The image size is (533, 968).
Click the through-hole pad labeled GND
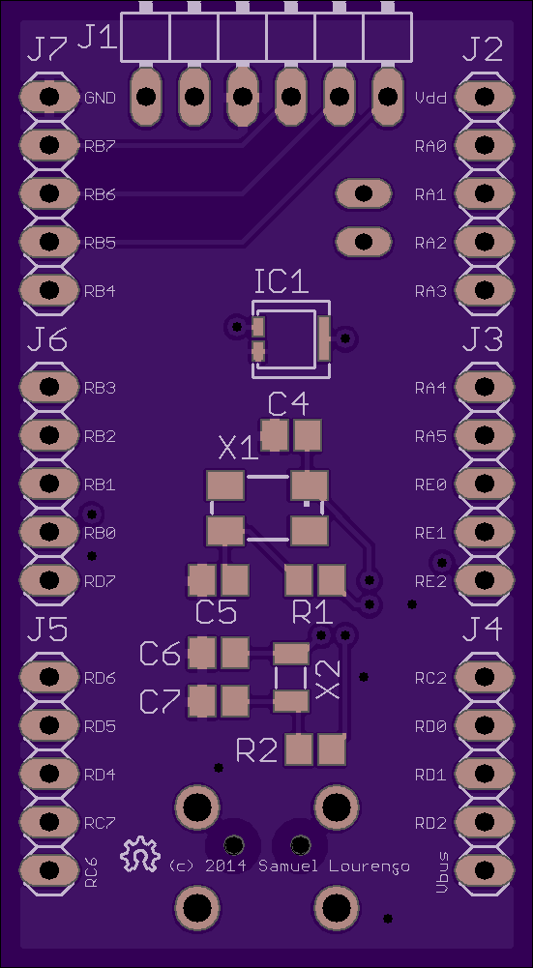pos(48,97)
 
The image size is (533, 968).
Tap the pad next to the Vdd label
pos(485,97)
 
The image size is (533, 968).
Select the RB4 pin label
pos(100,291)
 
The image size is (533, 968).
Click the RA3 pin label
pos(430,291)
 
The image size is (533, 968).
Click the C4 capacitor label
pos(288,405)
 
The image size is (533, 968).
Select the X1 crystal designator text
pos(238,449)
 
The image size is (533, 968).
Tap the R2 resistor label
pos(256,750)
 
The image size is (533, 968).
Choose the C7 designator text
pos(160,702)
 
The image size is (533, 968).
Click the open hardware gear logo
pos(140,855)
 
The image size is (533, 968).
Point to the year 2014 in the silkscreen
pos(225,866)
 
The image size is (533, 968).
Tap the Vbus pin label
pos(442,872)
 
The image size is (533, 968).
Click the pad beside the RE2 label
pos(485,579)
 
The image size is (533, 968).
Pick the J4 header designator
pos(482,630)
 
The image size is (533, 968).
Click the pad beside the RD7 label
pos(48,579)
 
